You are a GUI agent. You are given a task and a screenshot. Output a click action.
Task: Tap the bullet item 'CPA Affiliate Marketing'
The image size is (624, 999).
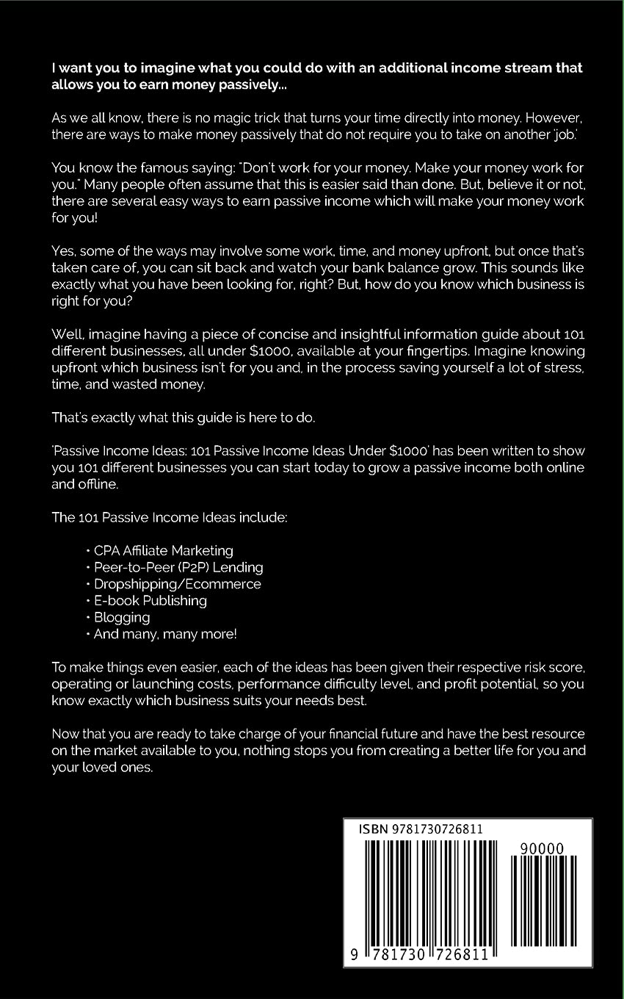click(x=164, y=550)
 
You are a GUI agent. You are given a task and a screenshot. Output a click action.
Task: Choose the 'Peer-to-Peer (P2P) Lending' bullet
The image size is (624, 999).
click(x=178, y=567)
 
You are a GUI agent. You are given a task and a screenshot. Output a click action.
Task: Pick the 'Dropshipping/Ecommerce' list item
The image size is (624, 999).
click(x=177, y=584)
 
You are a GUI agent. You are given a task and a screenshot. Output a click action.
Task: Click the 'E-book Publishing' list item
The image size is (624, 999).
click(x=150, y=601)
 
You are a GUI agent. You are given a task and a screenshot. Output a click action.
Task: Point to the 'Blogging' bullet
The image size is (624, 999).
click(x=122, y=618)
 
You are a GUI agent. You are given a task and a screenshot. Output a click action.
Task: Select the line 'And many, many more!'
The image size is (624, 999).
click(x=165, y=634)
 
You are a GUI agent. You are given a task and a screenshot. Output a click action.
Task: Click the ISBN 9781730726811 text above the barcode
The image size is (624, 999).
click(x=421, y=829)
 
